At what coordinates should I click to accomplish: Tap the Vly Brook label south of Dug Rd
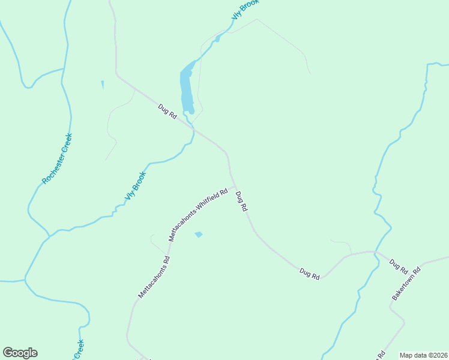tap(135, 187)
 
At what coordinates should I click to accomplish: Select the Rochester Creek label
tap(57, 158)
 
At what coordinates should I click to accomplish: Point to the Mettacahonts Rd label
tap(154, 277)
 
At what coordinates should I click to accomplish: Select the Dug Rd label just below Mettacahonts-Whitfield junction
tap(241, 201)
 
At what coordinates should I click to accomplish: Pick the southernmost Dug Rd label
tap(310, 274)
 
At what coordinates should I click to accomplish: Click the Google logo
tap(20, 353)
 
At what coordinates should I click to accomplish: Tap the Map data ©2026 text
tap(423, 355)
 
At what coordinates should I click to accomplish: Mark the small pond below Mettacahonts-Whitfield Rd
tap(199, 235)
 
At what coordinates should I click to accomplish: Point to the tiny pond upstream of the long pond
tap(217, 39)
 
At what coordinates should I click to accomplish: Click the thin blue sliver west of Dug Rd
tap(103, 85)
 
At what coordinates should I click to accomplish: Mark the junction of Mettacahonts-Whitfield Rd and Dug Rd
tap(234, 186)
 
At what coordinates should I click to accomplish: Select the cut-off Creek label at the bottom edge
tap(79, 350)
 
